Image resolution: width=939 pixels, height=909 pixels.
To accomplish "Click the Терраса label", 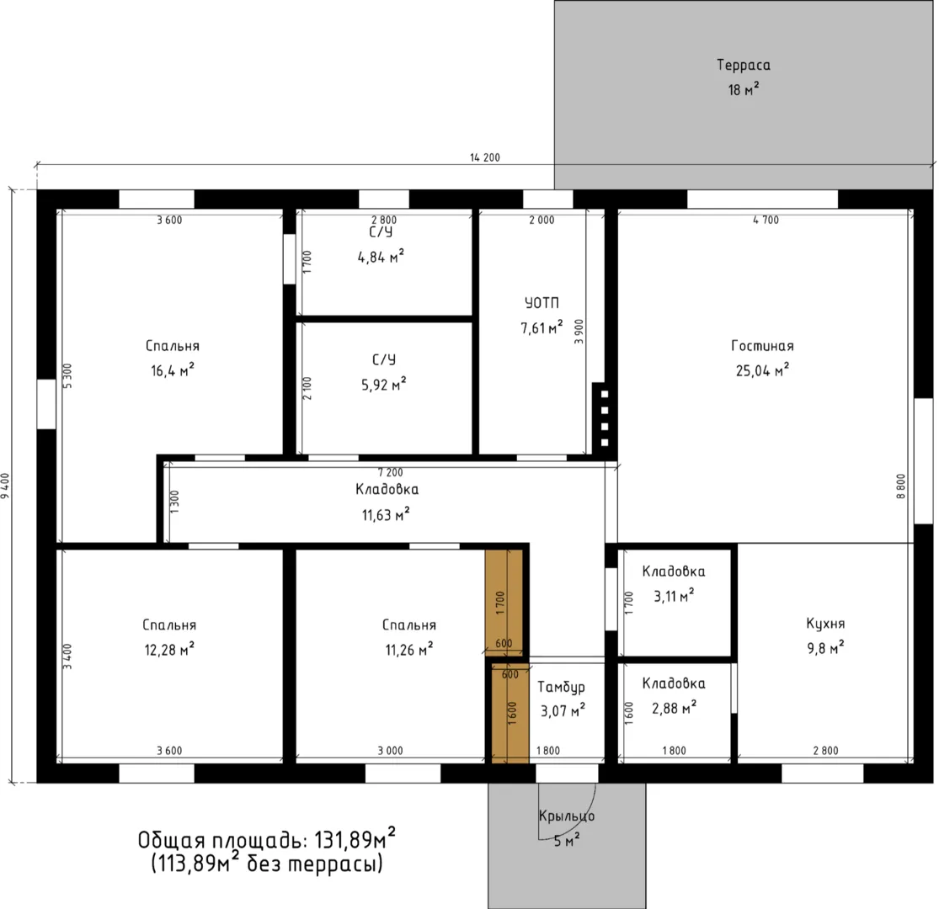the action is pyautogui.click(x=743, y=65).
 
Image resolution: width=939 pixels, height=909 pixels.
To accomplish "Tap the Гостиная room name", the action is pyautogui.click(x=762, y=346).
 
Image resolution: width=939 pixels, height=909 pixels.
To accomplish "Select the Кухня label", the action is pyautogui.click(x=825, y=624).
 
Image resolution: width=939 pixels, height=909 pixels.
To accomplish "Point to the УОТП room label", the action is pyautogui.click(x=542, y=303).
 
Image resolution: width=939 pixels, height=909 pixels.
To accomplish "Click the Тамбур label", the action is pyautogui.click(x=561, y=687).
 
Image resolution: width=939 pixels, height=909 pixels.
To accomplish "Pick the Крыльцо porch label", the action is pyautogui.click(x=567, y=816).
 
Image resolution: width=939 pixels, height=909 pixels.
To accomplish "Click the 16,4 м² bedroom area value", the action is pyautogui.click(x=173, y=370).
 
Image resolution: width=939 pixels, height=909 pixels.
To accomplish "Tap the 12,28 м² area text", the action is pyautogui.click(x=169, y=649).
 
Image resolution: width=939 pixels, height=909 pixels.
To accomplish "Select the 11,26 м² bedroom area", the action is pyautogui.click(x=409, y=649).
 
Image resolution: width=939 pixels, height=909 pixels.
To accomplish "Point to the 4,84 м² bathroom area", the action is pyautogui.click(x=381, y=257).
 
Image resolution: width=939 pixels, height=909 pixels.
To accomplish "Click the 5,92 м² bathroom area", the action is pyautogui.click(x=384, y=384).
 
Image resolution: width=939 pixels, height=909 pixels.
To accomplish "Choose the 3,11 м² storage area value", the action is pyautogui.click(x=674, y=596).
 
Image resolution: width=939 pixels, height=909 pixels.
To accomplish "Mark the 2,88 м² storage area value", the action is pyautogui.click(x=675, y=708).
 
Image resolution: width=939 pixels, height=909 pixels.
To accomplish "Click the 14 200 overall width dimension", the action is pyautogui.click(x=484, y=157).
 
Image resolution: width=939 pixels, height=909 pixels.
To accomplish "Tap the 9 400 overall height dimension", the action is pyautogui.click(x=5, y=487).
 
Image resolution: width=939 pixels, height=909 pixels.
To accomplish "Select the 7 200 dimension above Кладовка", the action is pyautogui.click(x=391, y=473).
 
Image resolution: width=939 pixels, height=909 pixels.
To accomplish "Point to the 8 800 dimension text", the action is pyautogui.click(x=901, y=486).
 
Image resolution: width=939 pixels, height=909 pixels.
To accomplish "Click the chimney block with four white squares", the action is pyautogui.click(x=604, y=418).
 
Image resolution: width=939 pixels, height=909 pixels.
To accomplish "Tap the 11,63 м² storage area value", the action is pyautogui.click(x=387, y=514).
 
